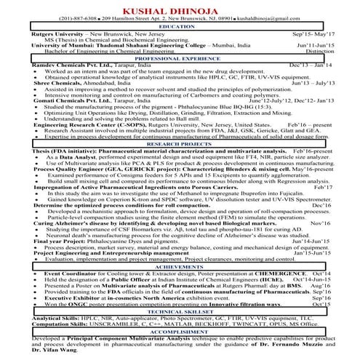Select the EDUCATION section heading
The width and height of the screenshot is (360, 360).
click(180, 27)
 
